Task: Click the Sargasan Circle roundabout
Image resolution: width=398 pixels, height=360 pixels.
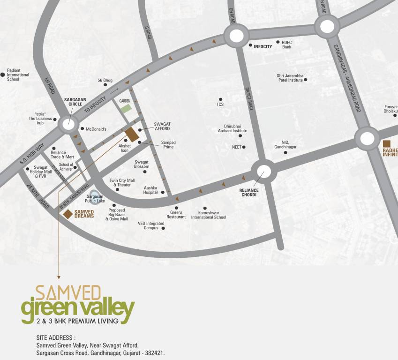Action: pos(68,124)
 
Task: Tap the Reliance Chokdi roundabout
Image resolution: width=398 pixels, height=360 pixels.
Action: pos(264,172)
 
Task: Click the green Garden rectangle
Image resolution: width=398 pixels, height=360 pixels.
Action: pos(125,108)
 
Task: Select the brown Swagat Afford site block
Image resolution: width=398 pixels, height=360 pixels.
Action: pos(132,134)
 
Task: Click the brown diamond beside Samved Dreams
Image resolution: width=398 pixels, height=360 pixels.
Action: pos(68,214)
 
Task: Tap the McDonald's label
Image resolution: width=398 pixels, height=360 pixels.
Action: pos(96,129)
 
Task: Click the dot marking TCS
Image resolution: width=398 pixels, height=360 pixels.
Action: pos(220,99)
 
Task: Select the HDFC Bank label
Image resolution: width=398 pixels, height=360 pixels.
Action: pos(287,45)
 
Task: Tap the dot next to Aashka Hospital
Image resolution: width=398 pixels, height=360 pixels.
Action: pos(163,192)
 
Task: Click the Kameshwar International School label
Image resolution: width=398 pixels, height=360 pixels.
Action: pos(209,215)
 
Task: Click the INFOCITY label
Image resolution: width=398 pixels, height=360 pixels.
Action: pos(263,46)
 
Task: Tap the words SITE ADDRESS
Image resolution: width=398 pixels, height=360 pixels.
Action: pos(55,337)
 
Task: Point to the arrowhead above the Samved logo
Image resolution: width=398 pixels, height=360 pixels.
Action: pos(59,277)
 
